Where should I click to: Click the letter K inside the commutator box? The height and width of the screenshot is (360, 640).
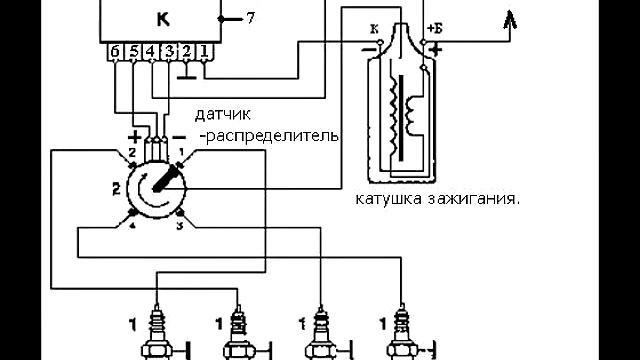163,19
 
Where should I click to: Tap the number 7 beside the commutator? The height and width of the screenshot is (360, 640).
251,19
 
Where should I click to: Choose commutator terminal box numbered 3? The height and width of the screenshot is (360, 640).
169,51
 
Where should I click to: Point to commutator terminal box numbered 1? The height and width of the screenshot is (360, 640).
204,51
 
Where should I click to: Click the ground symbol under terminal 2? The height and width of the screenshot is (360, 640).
187,73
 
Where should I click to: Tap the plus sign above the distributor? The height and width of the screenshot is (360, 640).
134,135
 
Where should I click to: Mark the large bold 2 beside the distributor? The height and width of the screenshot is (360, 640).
116,188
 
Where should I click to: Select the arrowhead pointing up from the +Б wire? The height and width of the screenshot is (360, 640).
510,17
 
